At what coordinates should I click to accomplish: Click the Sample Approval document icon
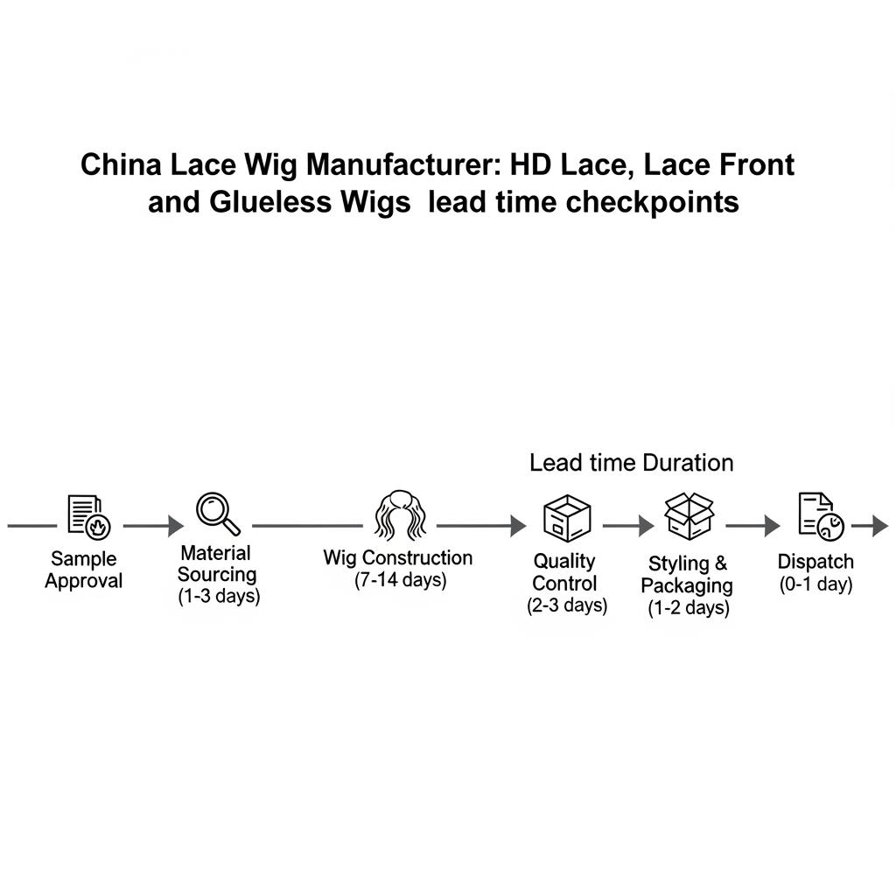click(89, 515)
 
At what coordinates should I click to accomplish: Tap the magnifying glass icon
click(218, 514)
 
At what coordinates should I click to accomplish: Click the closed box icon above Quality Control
click(566, 517)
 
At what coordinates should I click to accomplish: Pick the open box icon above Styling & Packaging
click(689, 514)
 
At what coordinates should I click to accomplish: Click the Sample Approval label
click(84, 570)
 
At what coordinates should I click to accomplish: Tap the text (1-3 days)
click(218, 597)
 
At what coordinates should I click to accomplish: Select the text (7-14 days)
click(400, 580)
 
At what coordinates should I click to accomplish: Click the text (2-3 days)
click(567, 605)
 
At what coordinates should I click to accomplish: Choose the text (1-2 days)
click(689, 608)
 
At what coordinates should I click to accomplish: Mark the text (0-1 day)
click(815, 584)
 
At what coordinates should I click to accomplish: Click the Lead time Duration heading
click(631, 463)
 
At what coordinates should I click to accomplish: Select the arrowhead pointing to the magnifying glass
click(176, 526)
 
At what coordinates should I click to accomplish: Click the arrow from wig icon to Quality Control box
click(481, 526)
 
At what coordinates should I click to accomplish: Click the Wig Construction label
click(397, 557)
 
